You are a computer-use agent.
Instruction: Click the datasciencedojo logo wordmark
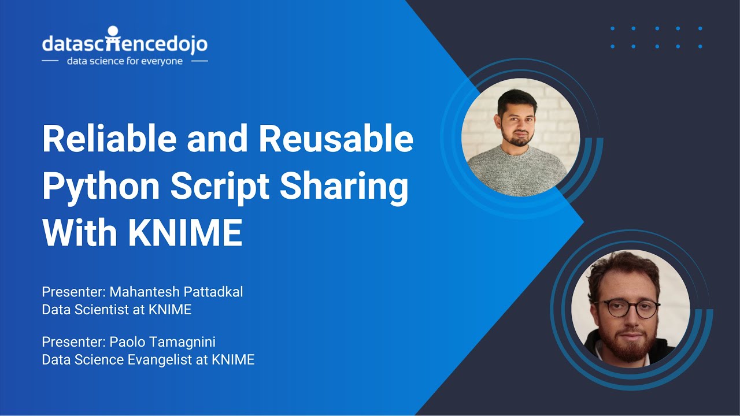coord(124,43)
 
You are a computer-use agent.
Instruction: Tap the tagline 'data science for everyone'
coord(125,61)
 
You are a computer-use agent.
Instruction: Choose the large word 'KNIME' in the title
coord(185,233)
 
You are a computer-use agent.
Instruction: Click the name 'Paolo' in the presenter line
coord(126,342)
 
